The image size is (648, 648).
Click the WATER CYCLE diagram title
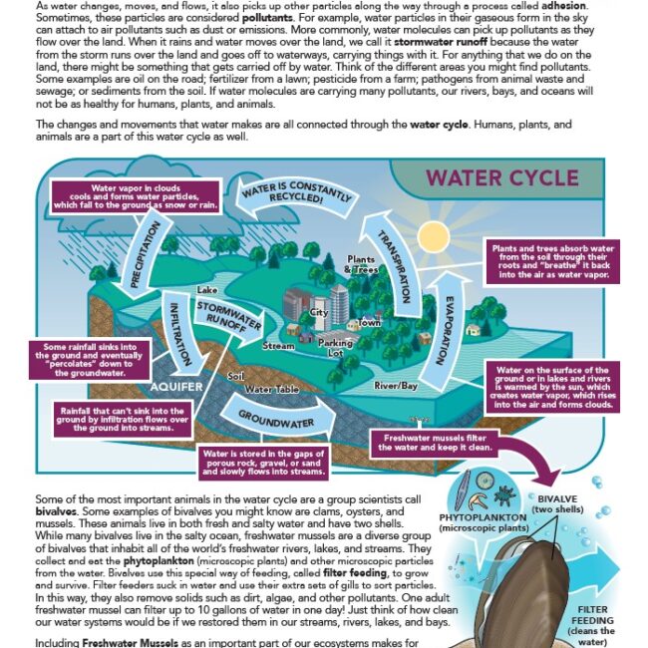click(501, 178)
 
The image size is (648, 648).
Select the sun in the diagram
click(434, 235)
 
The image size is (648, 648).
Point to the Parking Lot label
click(335, 348)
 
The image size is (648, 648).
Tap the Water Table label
click(272, 388)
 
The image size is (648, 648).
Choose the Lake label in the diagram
click(207, 290)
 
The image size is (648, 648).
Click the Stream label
click(278, 346)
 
